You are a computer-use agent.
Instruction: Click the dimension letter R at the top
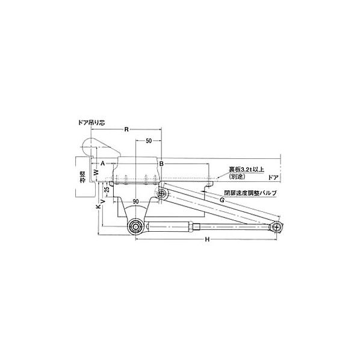[x=126, y=129]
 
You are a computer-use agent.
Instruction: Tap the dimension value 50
[x=148, y=140]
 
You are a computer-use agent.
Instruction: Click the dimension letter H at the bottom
[x=206, y=240]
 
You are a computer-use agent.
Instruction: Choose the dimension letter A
[x=103, y=163]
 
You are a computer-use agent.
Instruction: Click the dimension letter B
[x=161, y=163]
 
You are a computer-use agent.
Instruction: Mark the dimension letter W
[x=96, y=172]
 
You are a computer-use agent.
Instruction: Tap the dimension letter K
[x=98, y=206]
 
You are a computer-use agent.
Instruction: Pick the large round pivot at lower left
[x=135, y=226]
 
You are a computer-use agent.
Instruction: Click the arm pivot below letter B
[x=162, y=194]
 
